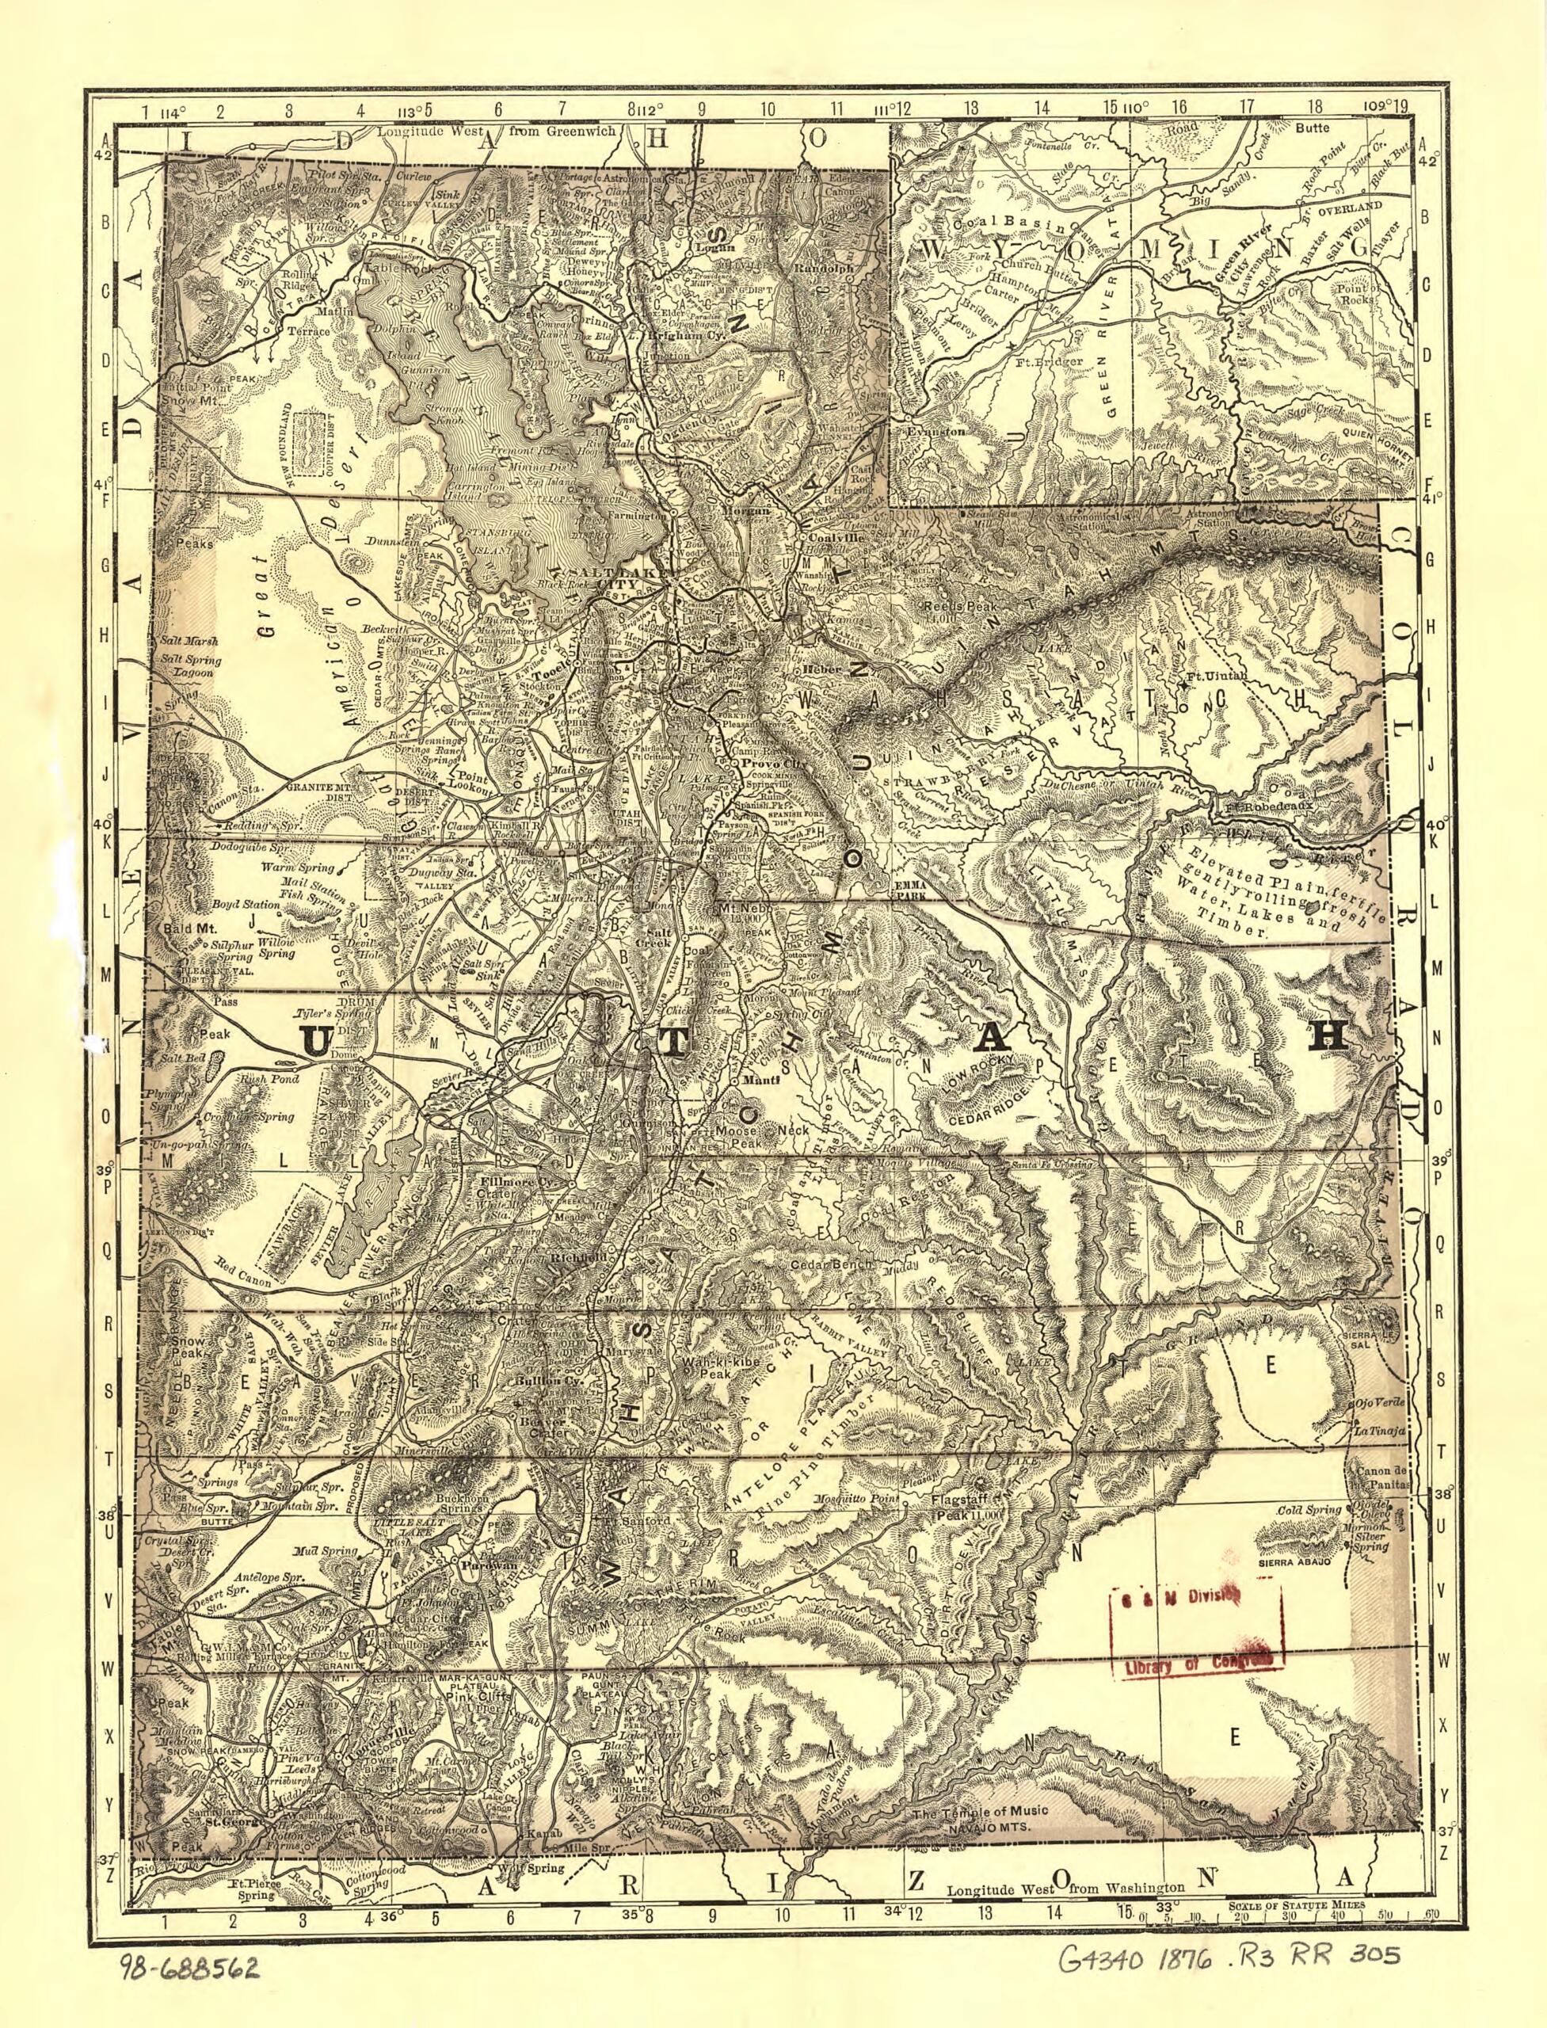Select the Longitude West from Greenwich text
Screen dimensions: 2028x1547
(471, 131)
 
